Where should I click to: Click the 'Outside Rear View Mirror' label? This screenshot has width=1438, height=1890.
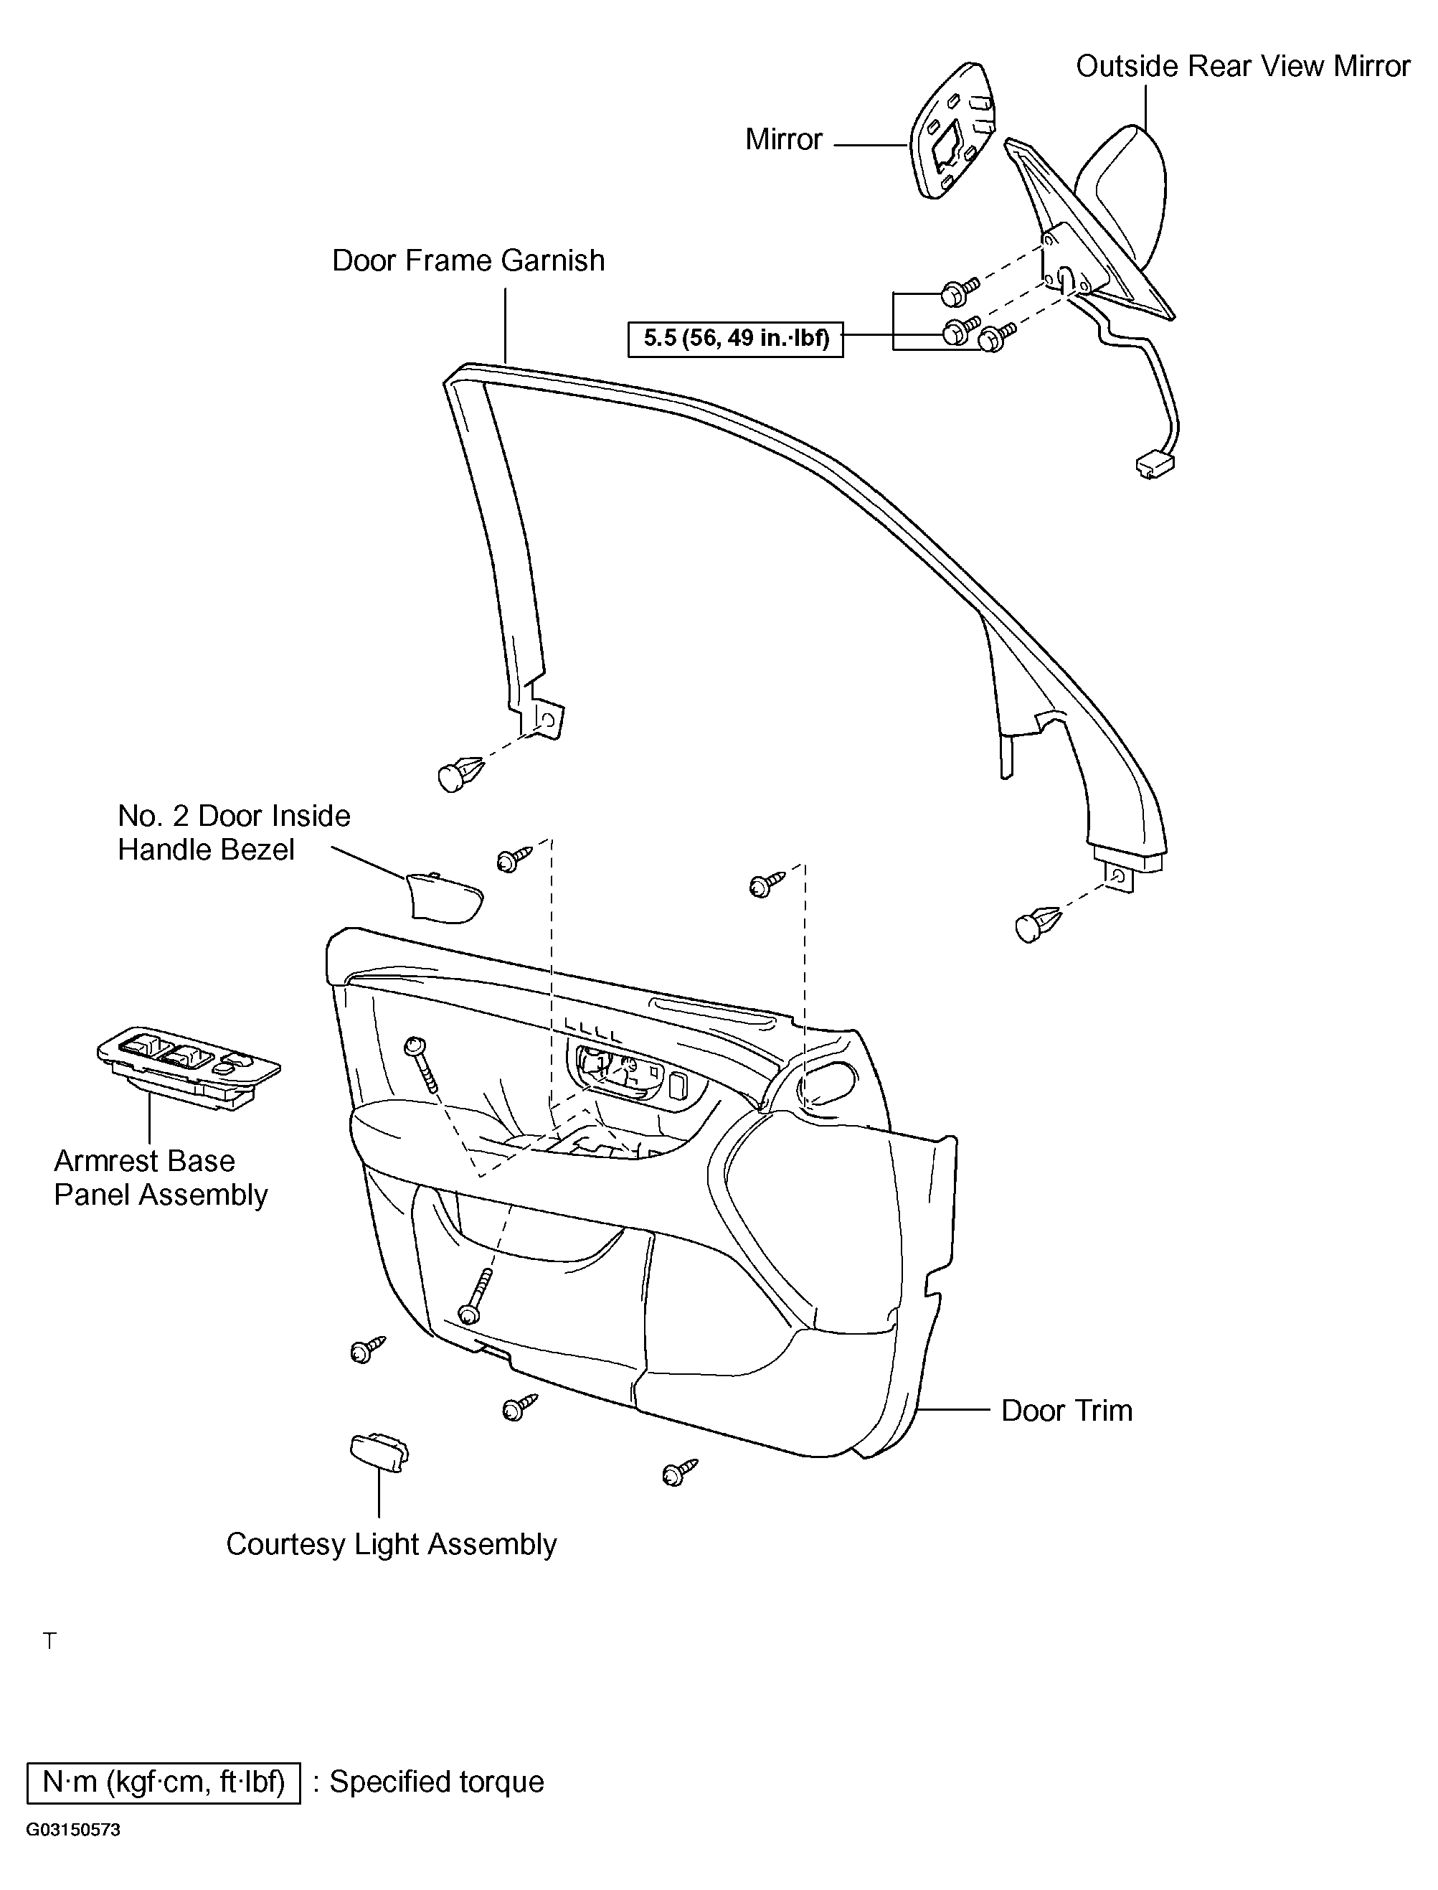pyautogui.click(x=1242, y=67)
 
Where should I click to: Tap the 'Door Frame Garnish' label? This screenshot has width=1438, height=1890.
pyautogui.click(x=468, y=260)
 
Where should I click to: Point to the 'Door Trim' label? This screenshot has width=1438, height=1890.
pyautogui.click(x=1066, y=1411)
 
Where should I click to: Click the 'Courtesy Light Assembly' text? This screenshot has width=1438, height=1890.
pyautogui.click(x=391, y=1544)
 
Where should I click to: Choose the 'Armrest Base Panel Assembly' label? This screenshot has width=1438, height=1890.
pyautogui.click(x=161, y=1177)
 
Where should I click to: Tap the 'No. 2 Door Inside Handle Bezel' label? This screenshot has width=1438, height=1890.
pyautogui.click(x=234, y=832)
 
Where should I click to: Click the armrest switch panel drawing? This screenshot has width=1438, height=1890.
pyautogui.click(x=189, y=1066)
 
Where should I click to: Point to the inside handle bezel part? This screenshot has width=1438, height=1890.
pyautogui.click(x=443, y=898)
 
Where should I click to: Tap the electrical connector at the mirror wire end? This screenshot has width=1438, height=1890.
pyautogui.click(x=1155, y=465)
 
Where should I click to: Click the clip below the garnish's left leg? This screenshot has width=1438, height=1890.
pyautogui.click(x=460, y=774)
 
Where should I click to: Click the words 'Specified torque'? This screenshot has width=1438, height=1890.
pyautogui.click(x=437, y=1781)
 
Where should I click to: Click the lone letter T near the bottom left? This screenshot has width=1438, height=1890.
pyautogui.click(x=50, y=1641)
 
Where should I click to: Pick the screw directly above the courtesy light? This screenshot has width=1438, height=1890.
pyautogui.click(x=367, y=1350)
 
